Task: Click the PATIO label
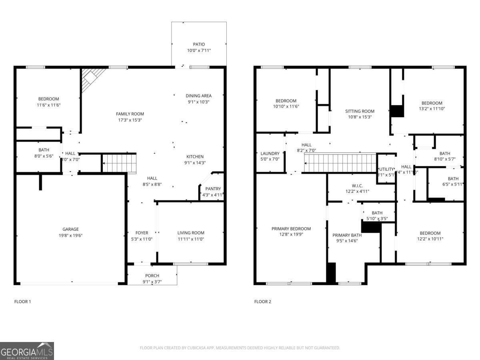click(x=199, y=44)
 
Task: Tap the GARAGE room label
click(x=70, y=229)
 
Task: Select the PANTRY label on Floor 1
click(x=213, y=189)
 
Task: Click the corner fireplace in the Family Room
click(x=92, y=77)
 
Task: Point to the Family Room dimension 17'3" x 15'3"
click(x=130, y=120)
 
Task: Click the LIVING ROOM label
click(x=191, y=233)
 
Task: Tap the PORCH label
click(x=152, y=276)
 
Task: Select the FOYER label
click(x=142, y=233)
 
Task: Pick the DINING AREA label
click(x=198, y=96)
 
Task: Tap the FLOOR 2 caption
click(x=263, y=302)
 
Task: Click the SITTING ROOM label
click(x=360, y=111)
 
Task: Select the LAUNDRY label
click(x=270, y=153)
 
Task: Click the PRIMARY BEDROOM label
click(x=291, y=229)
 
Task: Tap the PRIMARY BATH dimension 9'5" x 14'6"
click(x=347, y=241)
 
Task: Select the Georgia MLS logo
click(x=27, y=351)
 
